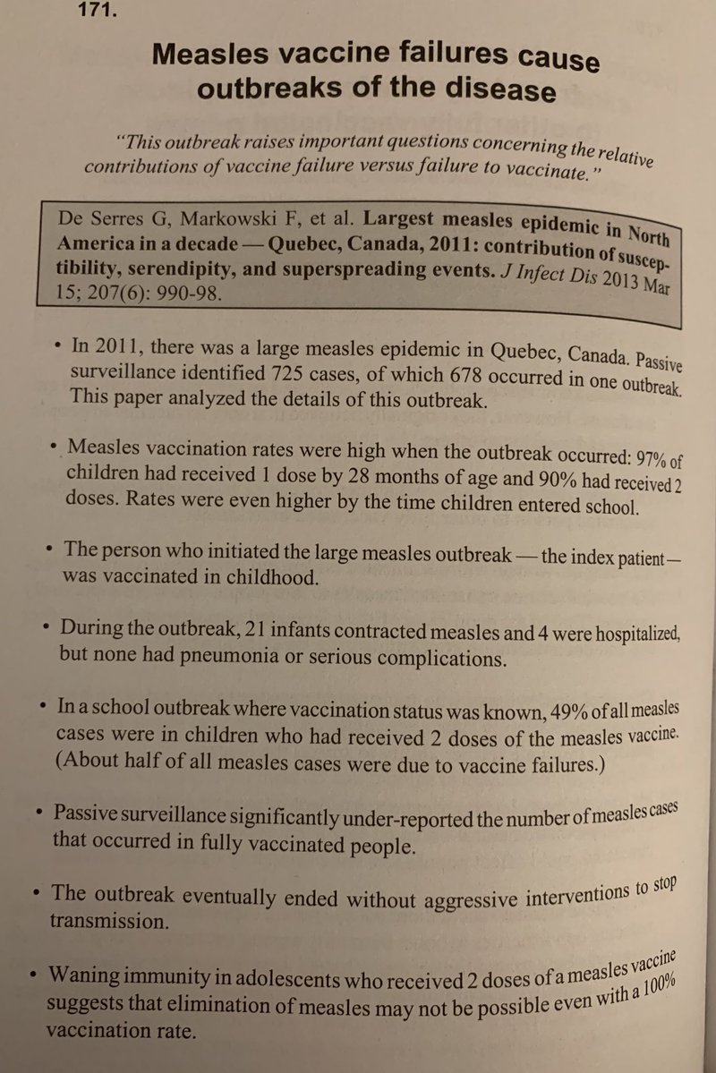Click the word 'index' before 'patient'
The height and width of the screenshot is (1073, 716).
tap(595, 557)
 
